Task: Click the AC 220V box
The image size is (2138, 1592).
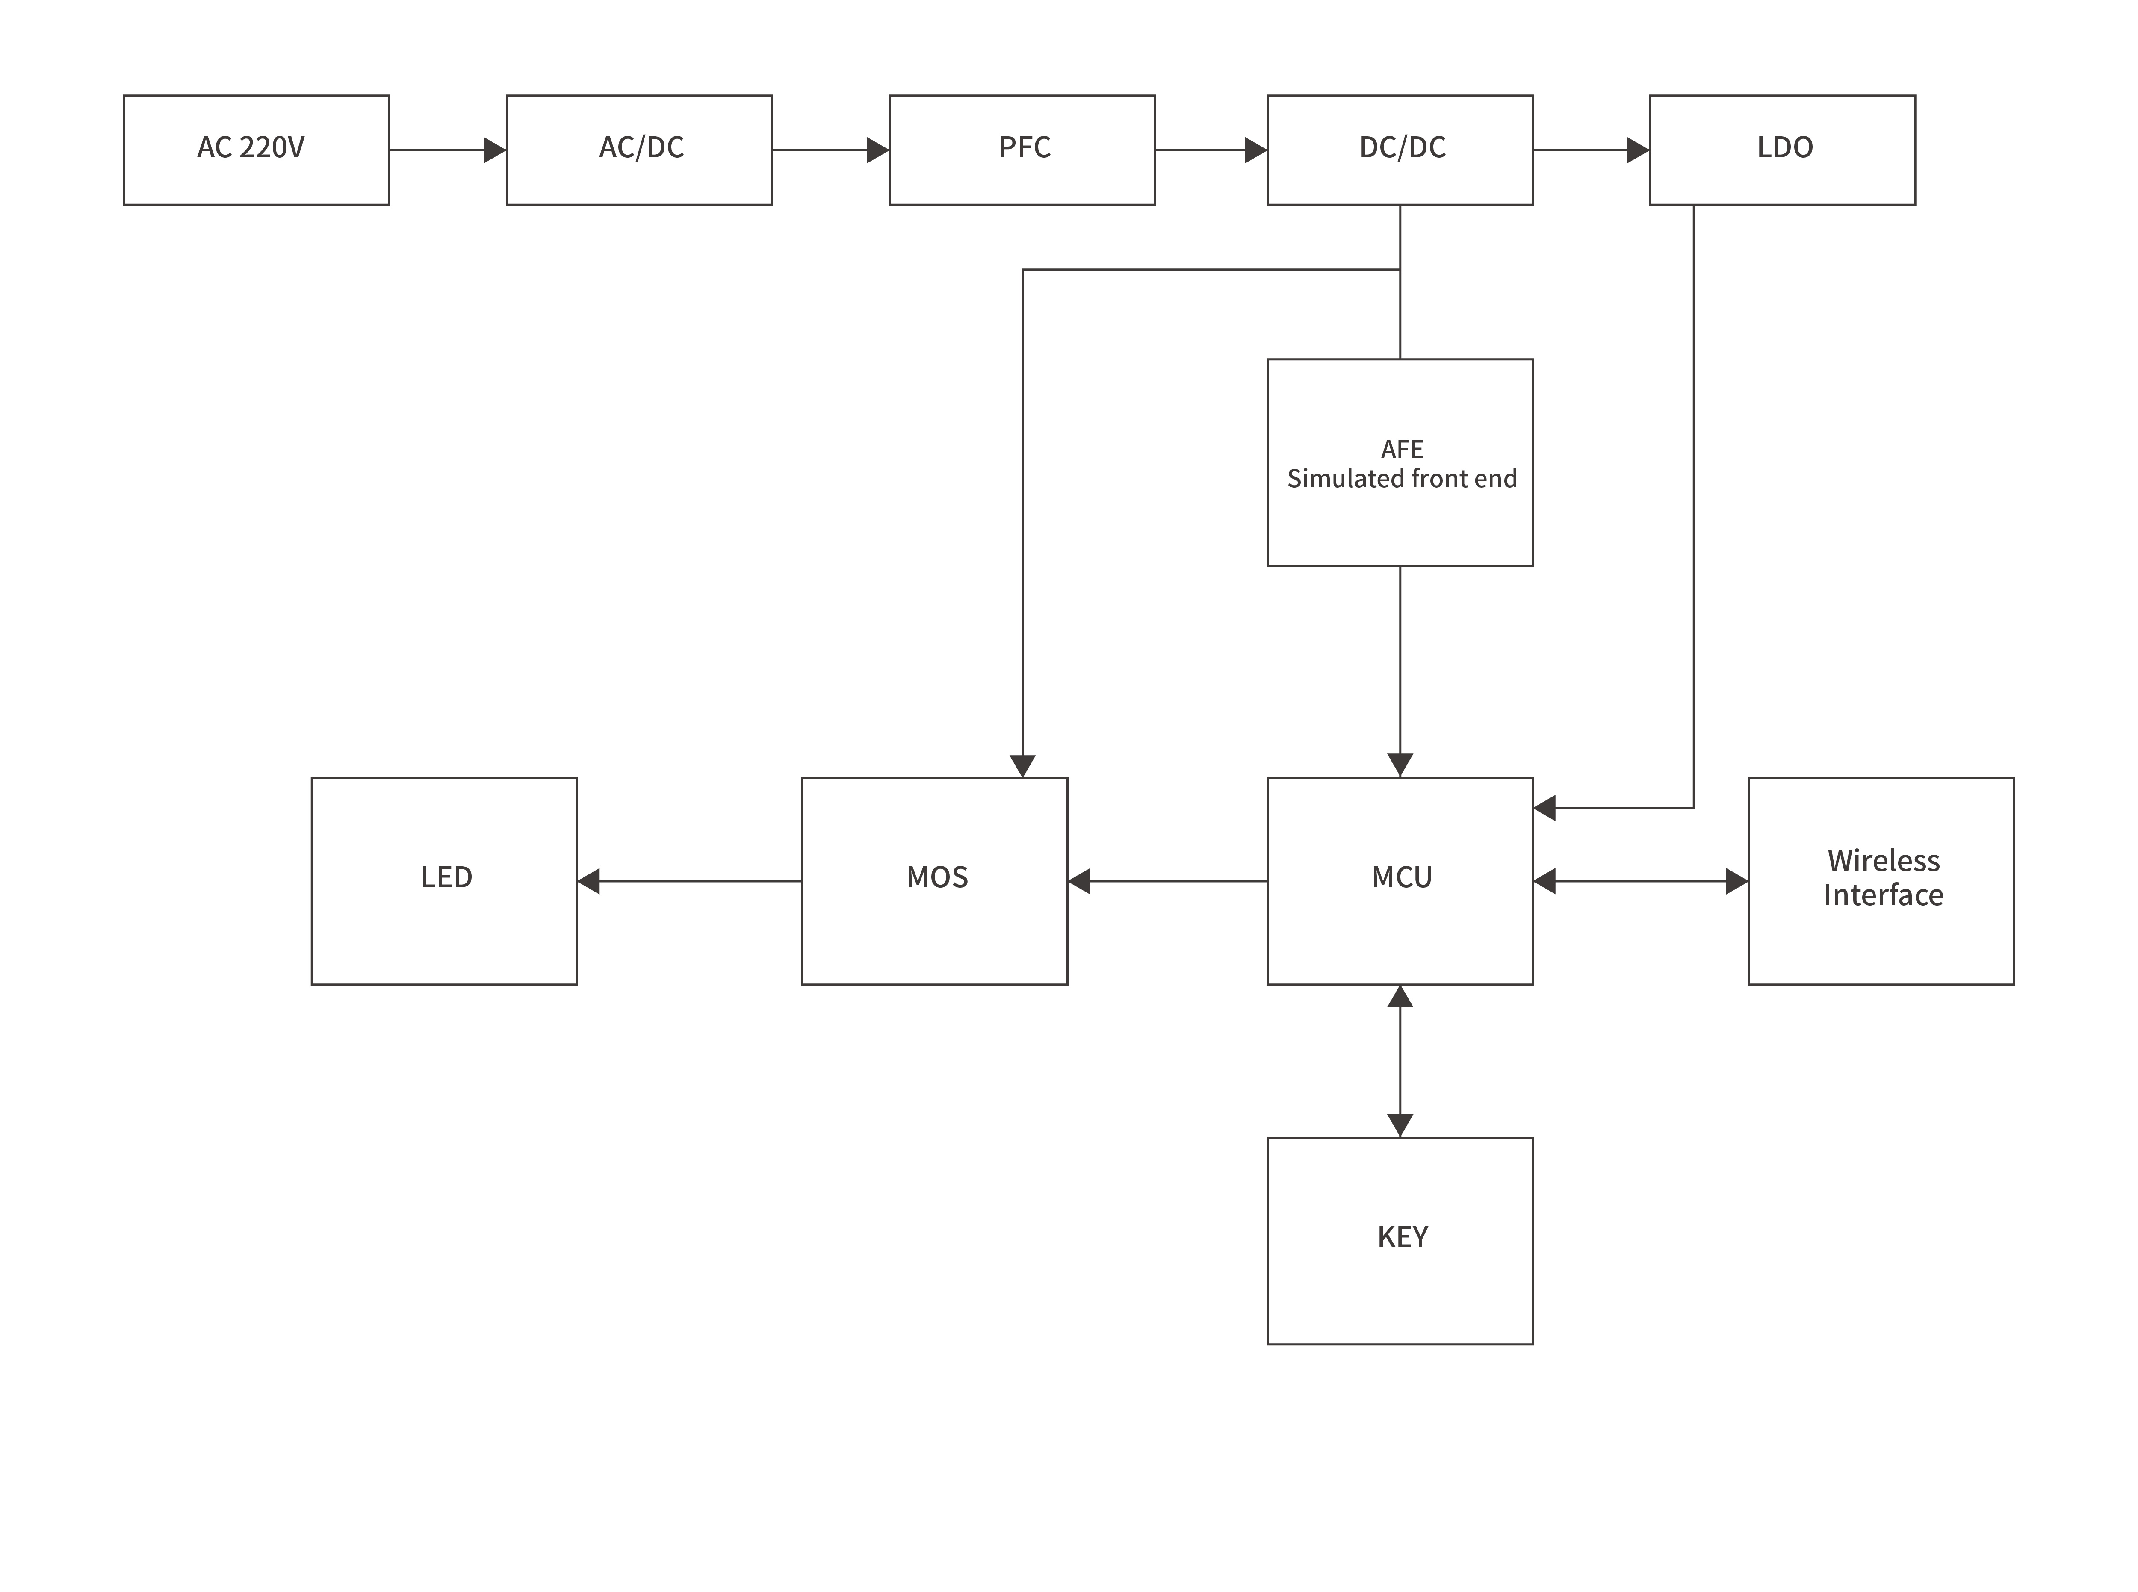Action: click(255, 150)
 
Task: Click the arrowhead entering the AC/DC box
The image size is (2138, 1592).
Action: click(494, 150)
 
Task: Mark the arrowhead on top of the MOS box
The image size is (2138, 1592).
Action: click(1022, 766)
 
